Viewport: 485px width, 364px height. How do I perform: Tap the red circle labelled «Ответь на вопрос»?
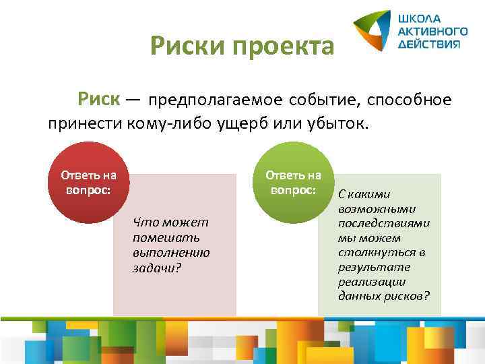tap(88, 182)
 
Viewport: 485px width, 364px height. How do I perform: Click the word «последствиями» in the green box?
tap(384, 223)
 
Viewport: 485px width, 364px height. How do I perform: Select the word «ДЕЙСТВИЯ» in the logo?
tap(429, 43)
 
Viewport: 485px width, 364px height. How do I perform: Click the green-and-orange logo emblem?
tap(372, 30)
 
